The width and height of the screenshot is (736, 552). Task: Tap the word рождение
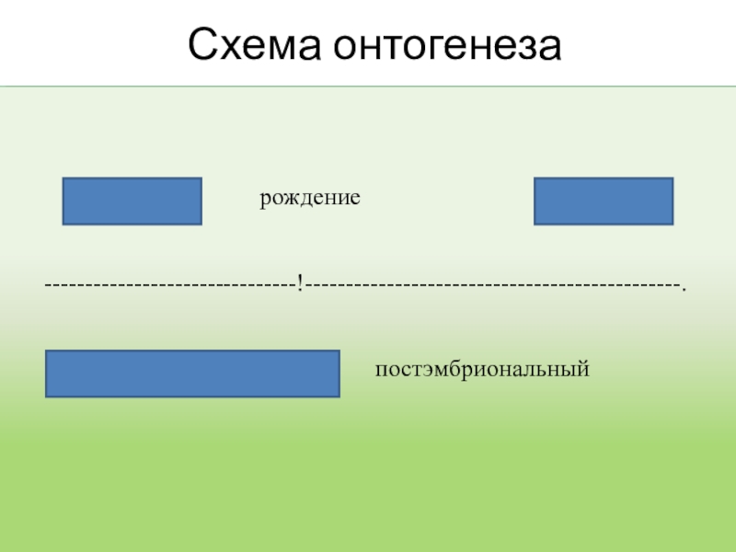click(309, 198)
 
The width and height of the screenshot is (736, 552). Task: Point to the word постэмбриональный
click(481, 370)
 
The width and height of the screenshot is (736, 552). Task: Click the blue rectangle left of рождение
click(132, 201)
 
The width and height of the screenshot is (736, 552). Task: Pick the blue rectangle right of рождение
click(604, 201)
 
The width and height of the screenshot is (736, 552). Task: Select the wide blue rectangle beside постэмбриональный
click(192, 374)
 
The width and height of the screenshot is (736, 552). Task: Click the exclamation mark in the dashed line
click(300, 283)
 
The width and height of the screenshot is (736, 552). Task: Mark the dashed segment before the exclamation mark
click(170, 284)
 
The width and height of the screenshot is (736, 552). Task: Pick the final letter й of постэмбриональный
click(582, 370)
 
